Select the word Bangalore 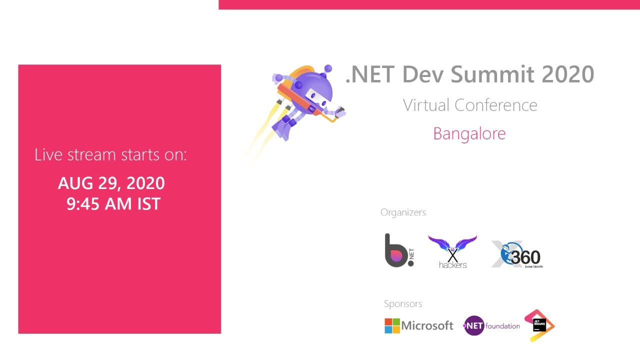point(469,133)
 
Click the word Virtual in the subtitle point(426,105)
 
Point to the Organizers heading point(403,212)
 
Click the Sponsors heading point(403,304)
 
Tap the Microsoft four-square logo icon point(392,326)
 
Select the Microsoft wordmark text point(427,326)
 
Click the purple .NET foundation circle point(474,326)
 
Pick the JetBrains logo point(539,325)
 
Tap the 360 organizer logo point(517,254)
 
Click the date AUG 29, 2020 point(111,183)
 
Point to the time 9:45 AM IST point(113,203)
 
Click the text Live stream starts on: point(110,155)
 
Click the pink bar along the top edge point(429,4)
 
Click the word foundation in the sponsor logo point(502,326)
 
